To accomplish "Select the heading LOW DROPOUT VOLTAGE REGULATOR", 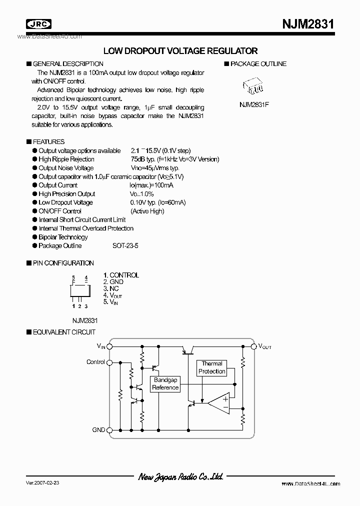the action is (x=180, y=51).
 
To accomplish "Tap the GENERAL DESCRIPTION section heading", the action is (x=68, y=64).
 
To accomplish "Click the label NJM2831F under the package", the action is (x=254, y=105).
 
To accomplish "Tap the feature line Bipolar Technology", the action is (x=63, y=237).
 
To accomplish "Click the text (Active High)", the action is (x=147, y=211).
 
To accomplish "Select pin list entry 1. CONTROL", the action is (x=121, y=275).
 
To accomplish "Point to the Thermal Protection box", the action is (x=212, y=367).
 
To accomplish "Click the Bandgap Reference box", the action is (x=165, y=384).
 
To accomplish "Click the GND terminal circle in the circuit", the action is (x=110, y=430).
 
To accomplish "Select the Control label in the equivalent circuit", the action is (x=95, y=362).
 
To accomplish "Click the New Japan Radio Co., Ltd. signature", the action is (x=180, y=477).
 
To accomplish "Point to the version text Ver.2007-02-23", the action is (x=42, y=483).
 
